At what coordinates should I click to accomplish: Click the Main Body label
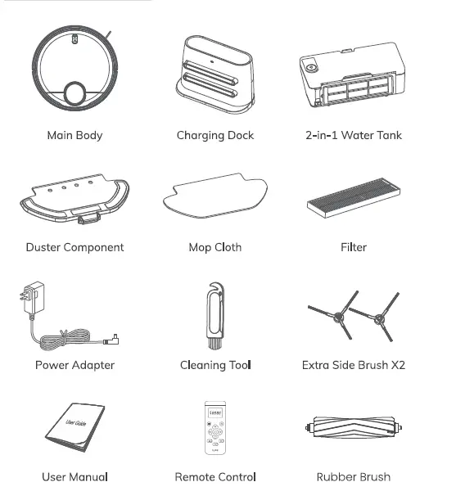click(x=74, y=135)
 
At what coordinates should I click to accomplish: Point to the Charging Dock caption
click(x=215, y=135)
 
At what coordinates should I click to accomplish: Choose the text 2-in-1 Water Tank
click(x=353, y=135)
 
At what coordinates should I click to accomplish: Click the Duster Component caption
click(x=74, y=246)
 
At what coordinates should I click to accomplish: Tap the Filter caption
click(x=354, y=246)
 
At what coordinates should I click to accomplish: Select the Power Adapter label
click(x=74, y=365)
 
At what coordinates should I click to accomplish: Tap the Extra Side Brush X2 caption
click(x=353, y=365)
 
